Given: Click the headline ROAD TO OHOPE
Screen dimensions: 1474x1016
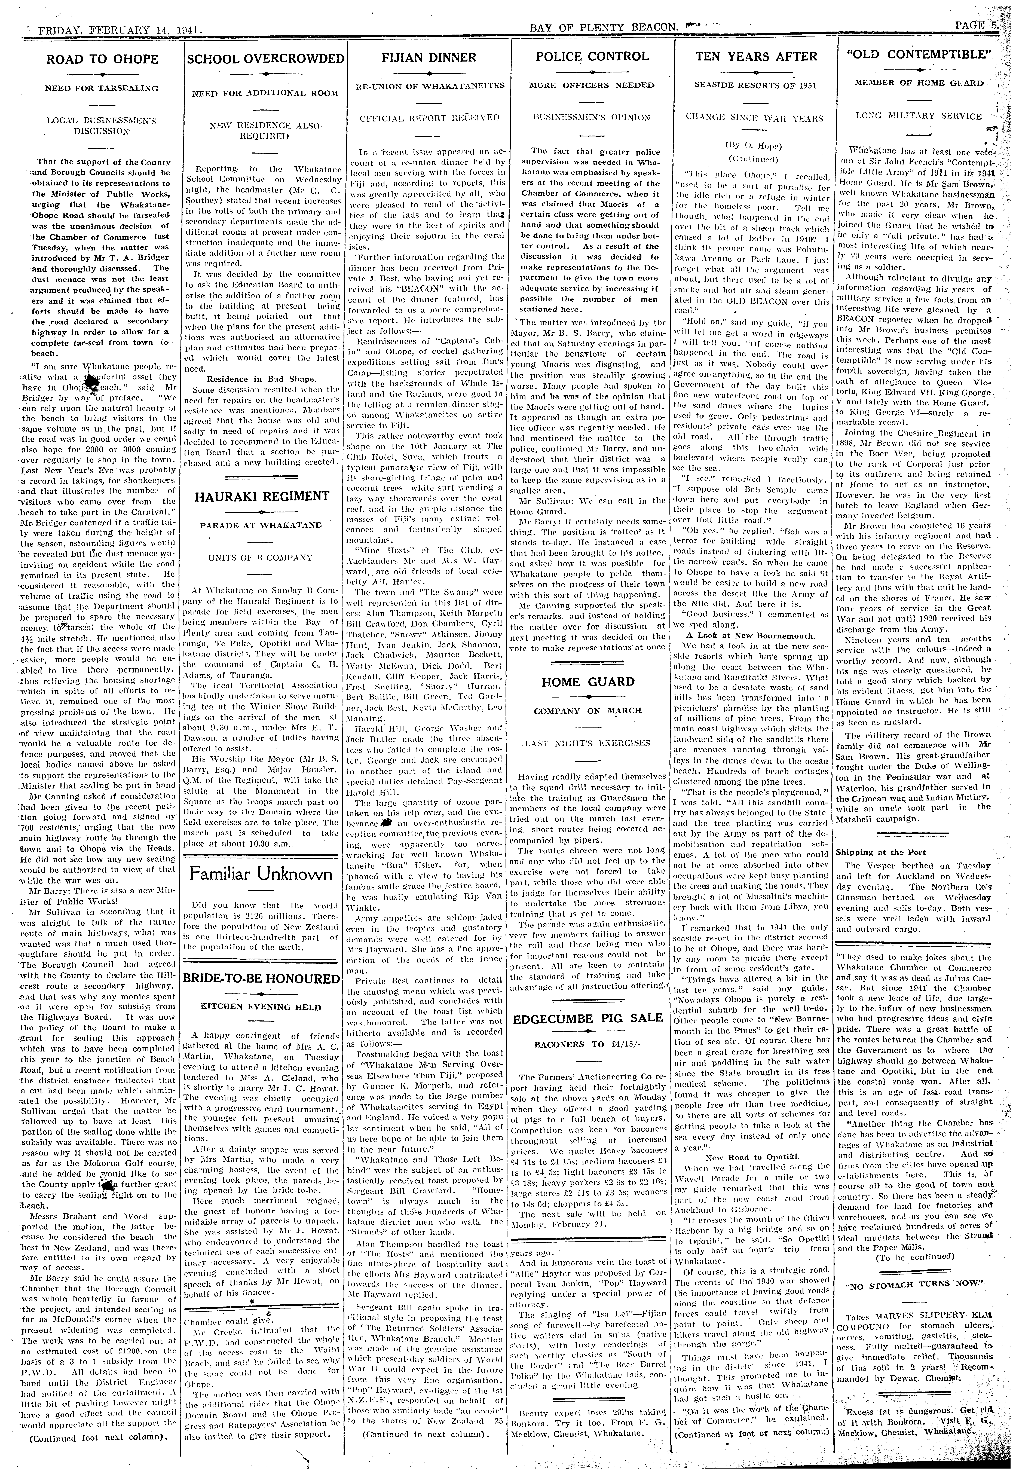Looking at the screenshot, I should (102, 59).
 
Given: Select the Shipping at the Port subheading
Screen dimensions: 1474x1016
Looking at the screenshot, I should (880, 852).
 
